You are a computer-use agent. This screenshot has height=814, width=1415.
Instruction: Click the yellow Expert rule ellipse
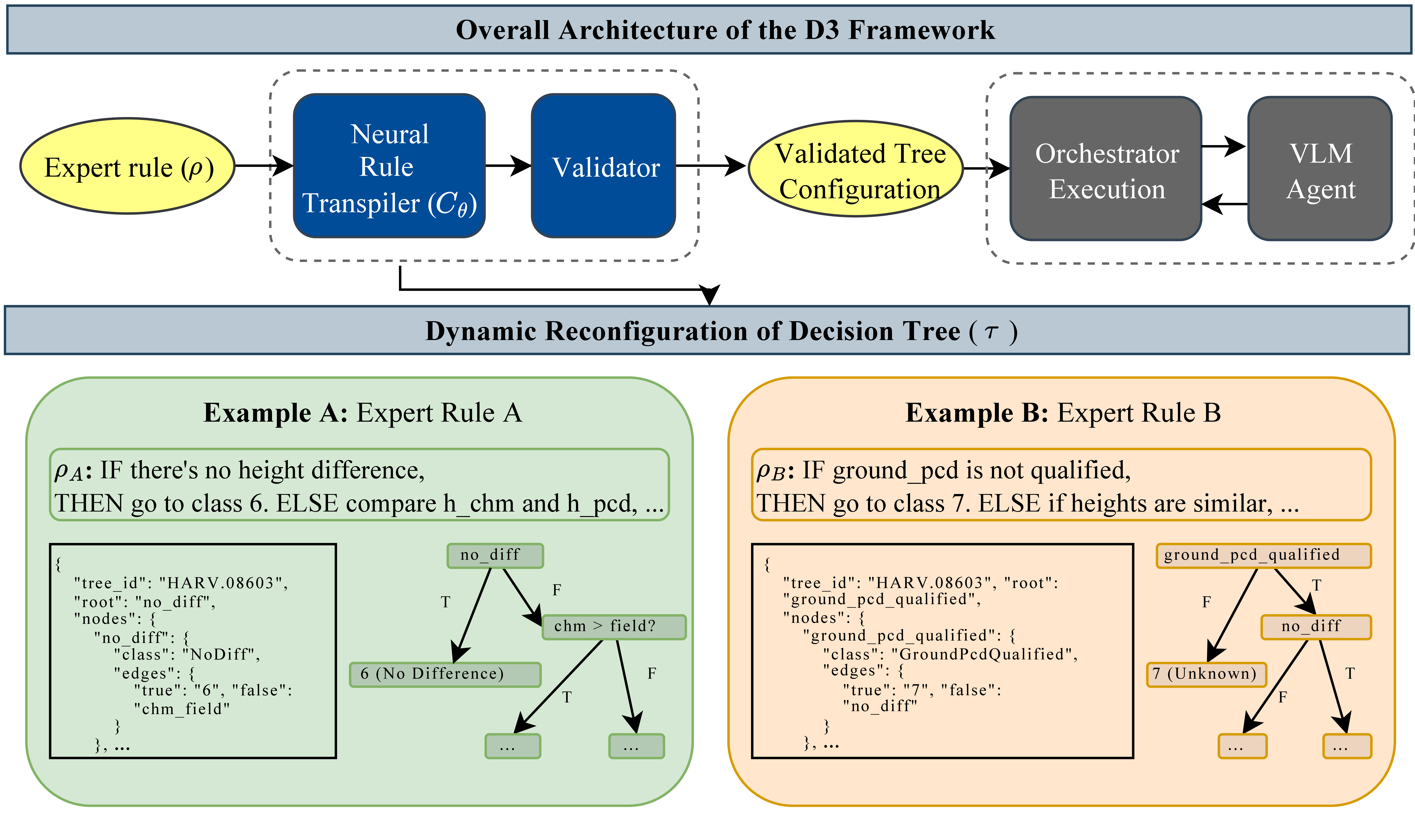[128, 166]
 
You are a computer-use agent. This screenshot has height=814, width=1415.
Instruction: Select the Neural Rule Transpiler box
[389, 166]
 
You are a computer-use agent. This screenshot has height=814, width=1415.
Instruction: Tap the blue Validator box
[604, 166]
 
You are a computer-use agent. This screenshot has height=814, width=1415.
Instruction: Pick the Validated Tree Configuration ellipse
[856, 169]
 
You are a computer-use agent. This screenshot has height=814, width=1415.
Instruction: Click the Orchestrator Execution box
[1106, 169]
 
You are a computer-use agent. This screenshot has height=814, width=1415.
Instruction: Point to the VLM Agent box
[1320, 169]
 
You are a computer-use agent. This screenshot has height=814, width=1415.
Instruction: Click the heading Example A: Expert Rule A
[362, 413]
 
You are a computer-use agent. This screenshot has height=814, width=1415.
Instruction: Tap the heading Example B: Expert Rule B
[1063, 413]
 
